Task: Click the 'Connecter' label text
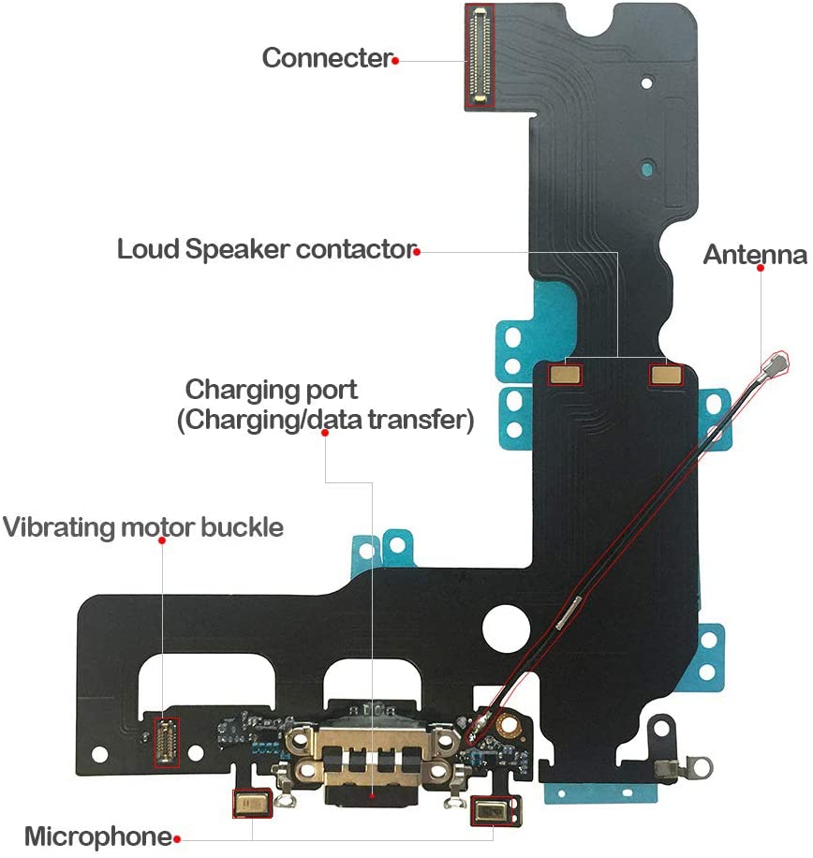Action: click(x=326, y=58)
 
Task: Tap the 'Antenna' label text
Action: click(x=755, y=255)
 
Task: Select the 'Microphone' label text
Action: click(x=97, y=836)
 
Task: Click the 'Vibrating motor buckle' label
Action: click(x=142, y=527)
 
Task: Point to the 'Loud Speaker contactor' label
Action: click(x=265, y=250)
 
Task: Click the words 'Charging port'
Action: click(x=272, y=389)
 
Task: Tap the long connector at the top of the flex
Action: click(x=480, y=54)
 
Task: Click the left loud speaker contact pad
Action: click(x=565, y=375)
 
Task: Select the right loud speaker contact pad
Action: click(x=665, y=375)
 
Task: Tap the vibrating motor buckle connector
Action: click(x=166, y=741)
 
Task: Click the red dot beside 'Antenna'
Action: click(x=761, y=268)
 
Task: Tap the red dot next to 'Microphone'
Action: click(x=176, y=838)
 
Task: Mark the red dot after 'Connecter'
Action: click(x=396, y=60)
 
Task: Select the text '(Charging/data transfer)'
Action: click(x=323, y=421)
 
